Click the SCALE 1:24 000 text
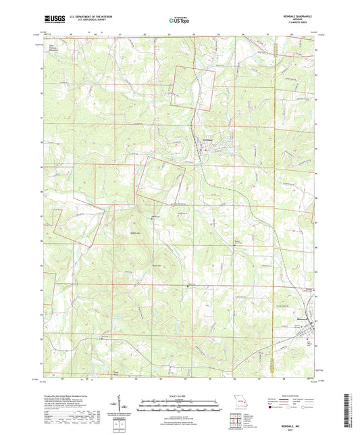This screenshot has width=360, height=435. click(x=178, y=396)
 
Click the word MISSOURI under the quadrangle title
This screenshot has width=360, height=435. click(x=301, y=22)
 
